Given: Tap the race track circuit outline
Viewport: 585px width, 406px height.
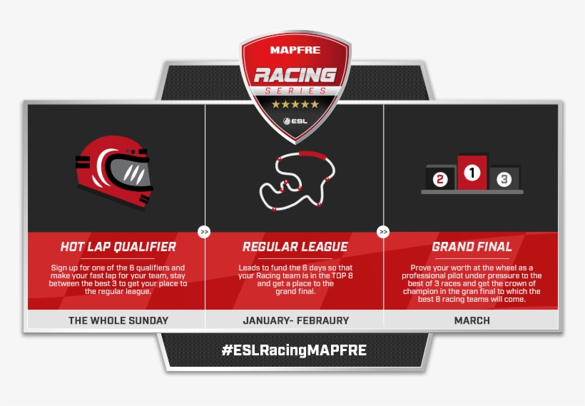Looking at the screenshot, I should click(295, 181).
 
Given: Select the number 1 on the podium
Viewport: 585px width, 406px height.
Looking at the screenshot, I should click(472, 172).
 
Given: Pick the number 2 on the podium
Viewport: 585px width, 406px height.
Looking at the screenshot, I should click(440, 179).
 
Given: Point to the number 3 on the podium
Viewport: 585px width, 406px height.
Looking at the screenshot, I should click(504, 179).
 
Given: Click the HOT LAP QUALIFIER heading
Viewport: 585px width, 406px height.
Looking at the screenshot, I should click(118, 247).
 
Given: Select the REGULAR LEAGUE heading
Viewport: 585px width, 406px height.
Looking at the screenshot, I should click(295, 247).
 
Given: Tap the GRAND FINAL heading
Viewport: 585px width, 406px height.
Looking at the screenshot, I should click(472, 247).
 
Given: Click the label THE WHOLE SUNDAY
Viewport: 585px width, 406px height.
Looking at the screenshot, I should click(118, 320).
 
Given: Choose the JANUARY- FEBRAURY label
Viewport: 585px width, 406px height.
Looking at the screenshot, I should click(295, 320).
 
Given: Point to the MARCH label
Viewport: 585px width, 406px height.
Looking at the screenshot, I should click(472, 320).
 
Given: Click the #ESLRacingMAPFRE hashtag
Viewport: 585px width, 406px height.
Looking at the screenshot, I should click(294, 350).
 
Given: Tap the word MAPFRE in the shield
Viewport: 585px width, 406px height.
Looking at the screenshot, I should click(295, 50).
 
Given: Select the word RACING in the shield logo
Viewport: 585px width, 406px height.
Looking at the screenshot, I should click(295, 74).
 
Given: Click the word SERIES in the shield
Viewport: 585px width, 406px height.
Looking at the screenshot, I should click(295, 91).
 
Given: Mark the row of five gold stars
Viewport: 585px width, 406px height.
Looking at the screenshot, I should click(295, 104).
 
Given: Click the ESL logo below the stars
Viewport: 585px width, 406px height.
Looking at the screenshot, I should click(295, 121).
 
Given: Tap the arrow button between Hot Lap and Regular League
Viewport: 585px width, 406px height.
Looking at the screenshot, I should click(205, 232).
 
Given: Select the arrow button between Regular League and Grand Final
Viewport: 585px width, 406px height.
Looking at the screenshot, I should click(383, 232).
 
